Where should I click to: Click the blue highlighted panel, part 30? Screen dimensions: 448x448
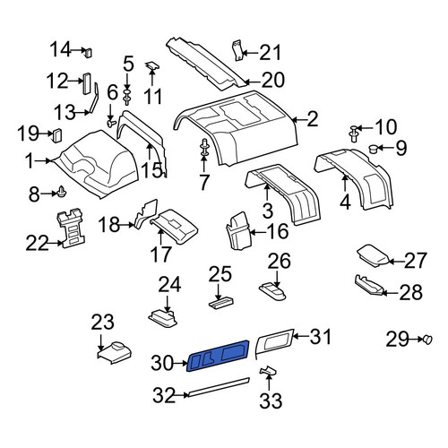[x=218, y=356]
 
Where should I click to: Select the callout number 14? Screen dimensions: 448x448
[x=61, y=49]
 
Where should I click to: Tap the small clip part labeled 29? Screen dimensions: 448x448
[x=427, y=340]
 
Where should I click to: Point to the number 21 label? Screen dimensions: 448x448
[x=271, y=53]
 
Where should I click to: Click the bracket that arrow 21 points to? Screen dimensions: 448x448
[x=237, y=50]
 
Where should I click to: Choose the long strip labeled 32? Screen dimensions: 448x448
[x=218, y=387]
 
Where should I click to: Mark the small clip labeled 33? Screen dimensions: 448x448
[x=268, y=371]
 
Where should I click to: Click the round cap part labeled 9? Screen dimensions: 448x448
[x=374, y=149]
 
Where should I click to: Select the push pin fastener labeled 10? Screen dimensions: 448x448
[x=354, y=134]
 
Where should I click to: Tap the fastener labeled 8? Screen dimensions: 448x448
[x=62, y=192]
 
